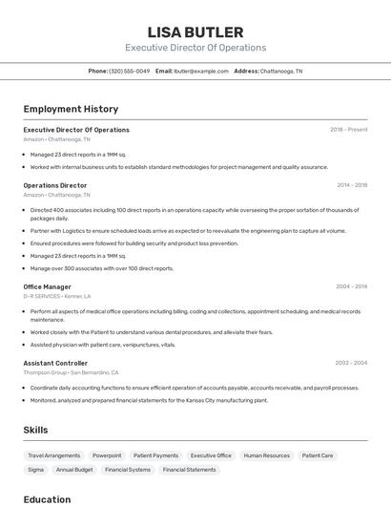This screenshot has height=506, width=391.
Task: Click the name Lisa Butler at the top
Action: (x=195, y=32)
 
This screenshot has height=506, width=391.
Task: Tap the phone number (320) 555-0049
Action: (x=129, y=71)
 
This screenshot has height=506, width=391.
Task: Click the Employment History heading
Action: (x=71, y=109)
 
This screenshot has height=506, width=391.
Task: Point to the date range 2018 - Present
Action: (x=348, y=130)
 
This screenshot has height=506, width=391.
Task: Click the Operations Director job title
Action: (x=55, y=185)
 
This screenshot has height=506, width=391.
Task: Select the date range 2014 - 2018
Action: (x=352, y=185)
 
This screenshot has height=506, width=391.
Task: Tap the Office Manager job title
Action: (x=48, y=286)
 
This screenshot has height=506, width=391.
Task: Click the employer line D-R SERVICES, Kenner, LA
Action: (x=57, y=296)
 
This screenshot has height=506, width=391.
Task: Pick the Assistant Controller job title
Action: (x=55, y=363)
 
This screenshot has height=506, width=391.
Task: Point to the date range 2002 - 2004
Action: (x=351, y=363)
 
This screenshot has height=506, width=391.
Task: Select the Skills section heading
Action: (x=36, y=430)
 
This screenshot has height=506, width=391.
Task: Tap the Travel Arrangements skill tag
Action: (x=53, y=455)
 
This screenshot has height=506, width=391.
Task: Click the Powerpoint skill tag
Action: (x=107, y=455)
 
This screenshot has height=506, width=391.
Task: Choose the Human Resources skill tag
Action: (x=266, y=455)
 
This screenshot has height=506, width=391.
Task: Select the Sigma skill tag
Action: (x=35, y=470)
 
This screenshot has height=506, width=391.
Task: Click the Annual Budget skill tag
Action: (x=74, y=470)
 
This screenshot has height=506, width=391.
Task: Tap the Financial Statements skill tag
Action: (x=189, y=470)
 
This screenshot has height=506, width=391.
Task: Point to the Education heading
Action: (x=48, y=498)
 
